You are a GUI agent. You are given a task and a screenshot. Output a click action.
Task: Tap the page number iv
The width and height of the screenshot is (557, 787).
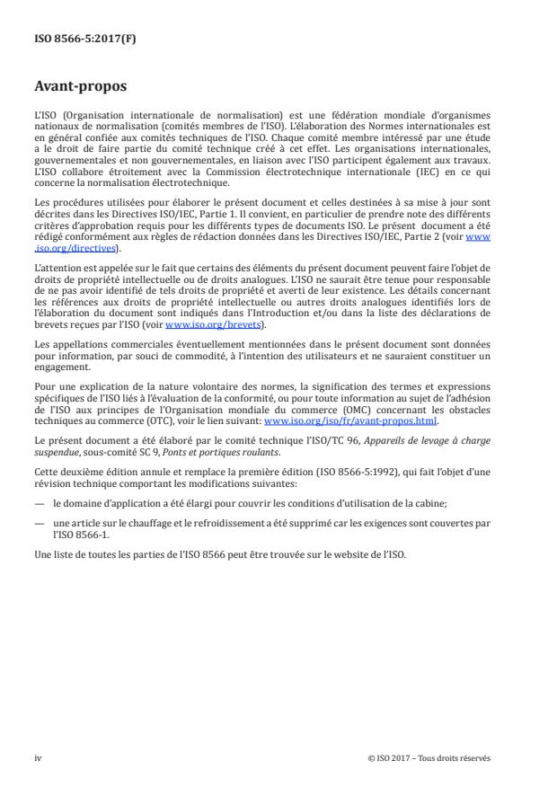[x=38, y=757]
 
